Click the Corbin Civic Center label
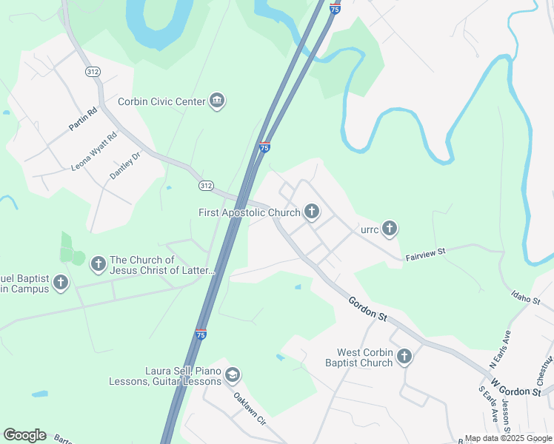click(x=161, y=101)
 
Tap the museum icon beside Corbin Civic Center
click(x=217, y=101)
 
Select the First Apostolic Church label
click(x=250, y=212)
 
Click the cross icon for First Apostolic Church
click(x=312, y=212)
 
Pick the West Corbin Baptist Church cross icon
click(x=404, y=357)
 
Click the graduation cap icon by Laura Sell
click(x=233, y=376)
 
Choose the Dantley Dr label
click(x=124, y=166)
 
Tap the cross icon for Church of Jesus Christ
click(x=97, y=263)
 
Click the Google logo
click(x=24, y=435)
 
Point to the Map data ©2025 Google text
click(x=507, y=438)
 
